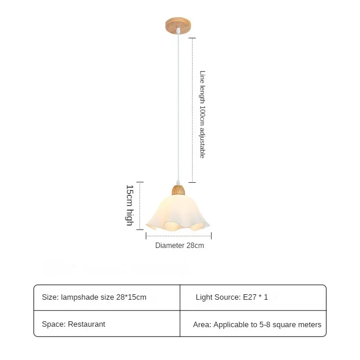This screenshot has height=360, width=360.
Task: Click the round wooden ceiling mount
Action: coord(178,25)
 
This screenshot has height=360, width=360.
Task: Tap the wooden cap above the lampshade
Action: coord(178,190)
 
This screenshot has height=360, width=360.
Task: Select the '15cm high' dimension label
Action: coord(130,205)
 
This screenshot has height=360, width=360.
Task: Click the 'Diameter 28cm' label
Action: coord(180,245)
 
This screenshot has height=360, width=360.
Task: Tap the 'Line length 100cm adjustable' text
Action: coord(202,114)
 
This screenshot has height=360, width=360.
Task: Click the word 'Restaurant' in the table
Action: coord(86,324)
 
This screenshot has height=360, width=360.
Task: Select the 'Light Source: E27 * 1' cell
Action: coord(232,297)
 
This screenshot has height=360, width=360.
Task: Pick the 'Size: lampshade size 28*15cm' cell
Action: coord(94,297)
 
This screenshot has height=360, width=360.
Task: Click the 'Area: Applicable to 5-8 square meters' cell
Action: coord(257,324)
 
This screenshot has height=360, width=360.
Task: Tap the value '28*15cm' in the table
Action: coord(131,297)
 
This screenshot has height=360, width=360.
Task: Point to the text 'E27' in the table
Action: coord(250,297)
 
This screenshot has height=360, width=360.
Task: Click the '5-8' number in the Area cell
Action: coord(265,324)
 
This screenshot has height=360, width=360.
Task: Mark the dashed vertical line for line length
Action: coord(193,110)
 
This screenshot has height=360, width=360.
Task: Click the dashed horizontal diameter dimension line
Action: coord(179,236)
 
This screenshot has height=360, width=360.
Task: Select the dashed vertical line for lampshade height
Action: coord(140,206)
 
